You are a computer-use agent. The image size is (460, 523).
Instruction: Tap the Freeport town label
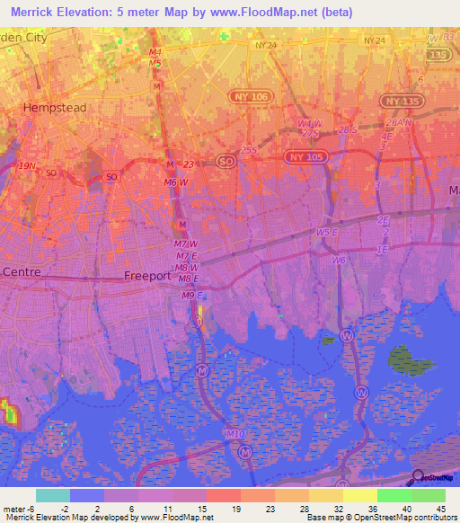tap(147, 276)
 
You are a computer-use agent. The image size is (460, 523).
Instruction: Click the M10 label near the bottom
tap(234, 434)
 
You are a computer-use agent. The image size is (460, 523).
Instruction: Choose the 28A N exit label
tap(398, 123)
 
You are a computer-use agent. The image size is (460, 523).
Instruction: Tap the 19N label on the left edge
tap(28, 165)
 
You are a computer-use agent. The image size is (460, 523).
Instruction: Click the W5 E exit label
tap(327, 232)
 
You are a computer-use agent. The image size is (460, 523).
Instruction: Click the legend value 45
tap(440, 510)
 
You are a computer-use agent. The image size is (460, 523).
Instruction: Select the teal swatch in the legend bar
tap(53, 495)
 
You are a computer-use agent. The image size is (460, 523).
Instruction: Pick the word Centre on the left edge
tap(22, 271)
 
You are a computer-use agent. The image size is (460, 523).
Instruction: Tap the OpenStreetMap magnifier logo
tap(418, 476)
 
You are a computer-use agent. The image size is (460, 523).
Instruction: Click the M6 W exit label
tap(176, 183)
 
